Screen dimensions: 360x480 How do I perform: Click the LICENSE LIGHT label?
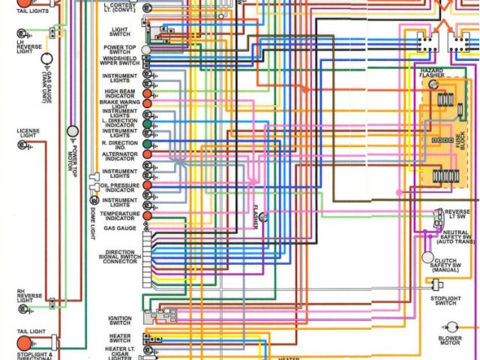point(28,134)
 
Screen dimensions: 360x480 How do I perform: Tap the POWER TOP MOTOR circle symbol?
point(73,132)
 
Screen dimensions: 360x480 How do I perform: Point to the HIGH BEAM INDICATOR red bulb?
point(147,95)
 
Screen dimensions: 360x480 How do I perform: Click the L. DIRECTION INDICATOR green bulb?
point(147,121)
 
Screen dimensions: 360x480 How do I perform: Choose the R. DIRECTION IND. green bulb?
point(147,142)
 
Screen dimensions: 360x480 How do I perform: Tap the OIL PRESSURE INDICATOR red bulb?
point(147,184)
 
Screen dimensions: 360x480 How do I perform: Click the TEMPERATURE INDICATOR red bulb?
point(147,215)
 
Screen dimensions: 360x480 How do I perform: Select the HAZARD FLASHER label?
point(431,73)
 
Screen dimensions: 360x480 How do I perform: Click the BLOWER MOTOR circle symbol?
point(451,328)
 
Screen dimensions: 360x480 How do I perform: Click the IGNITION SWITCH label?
point(120,320)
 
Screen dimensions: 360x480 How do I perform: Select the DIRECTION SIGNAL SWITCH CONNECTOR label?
point(120,257)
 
